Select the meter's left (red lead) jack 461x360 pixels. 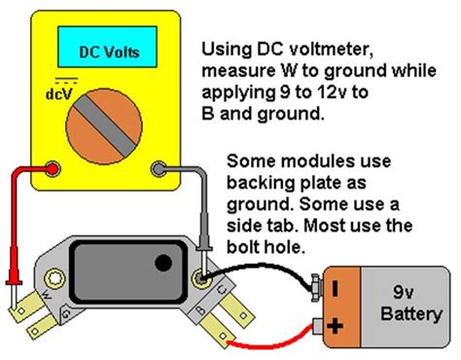47,169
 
